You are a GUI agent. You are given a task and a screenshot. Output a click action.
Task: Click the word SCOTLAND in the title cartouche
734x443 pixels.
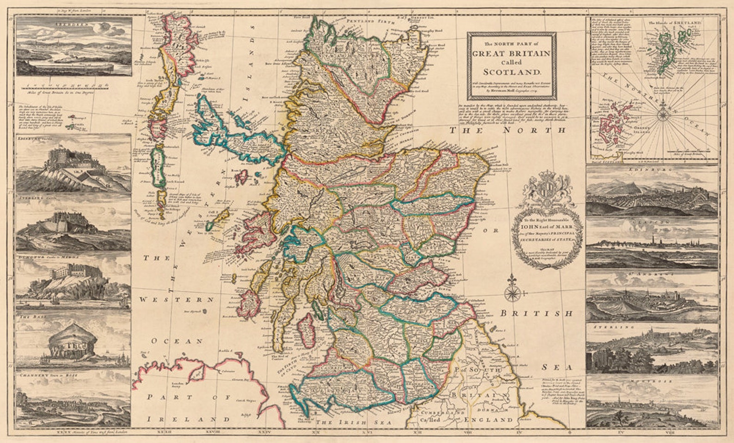coord(512,72)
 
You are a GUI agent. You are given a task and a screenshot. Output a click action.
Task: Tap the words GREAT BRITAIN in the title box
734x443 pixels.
coord(512,53)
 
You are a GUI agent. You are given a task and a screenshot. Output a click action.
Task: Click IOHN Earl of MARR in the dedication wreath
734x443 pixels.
coord(546,227)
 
